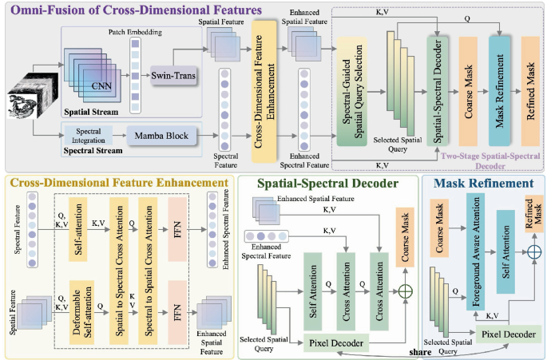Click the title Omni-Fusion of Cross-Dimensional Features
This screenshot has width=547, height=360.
pyautogui.click(x=137, y=10)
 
